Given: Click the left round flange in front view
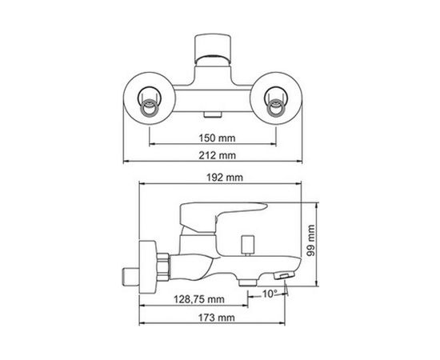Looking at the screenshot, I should click(x=150, y=103).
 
